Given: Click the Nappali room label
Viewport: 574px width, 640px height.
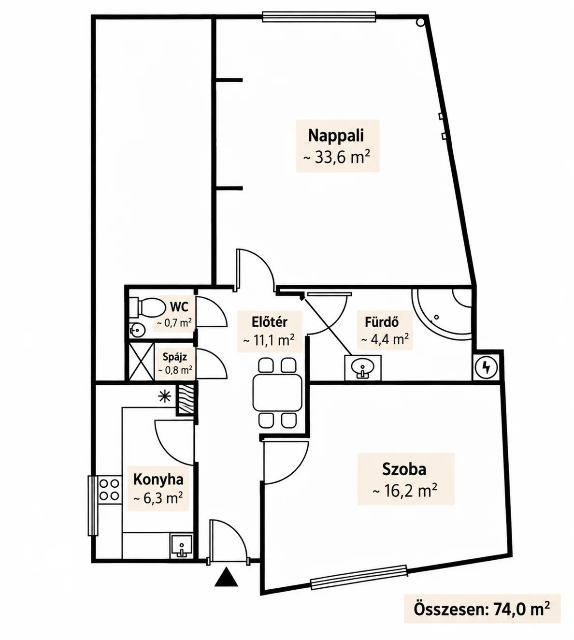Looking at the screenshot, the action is [336, 135].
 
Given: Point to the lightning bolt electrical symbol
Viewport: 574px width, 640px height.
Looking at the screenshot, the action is [486, 367].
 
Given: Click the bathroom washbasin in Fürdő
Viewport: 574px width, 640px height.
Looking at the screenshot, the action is [363, 368].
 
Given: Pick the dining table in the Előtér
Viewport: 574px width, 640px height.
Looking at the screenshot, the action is [277, 393].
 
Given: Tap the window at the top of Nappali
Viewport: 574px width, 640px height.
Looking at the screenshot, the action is [319, 17].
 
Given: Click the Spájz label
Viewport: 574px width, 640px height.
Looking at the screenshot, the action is [174, 357].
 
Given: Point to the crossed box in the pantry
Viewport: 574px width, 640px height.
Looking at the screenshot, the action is [142, 362].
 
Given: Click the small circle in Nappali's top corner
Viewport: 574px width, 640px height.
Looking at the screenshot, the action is [420, 22].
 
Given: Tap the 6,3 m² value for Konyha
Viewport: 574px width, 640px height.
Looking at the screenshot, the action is [158, 499].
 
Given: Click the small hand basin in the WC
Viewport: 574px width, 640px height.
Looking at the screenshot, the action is [137, 331].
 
